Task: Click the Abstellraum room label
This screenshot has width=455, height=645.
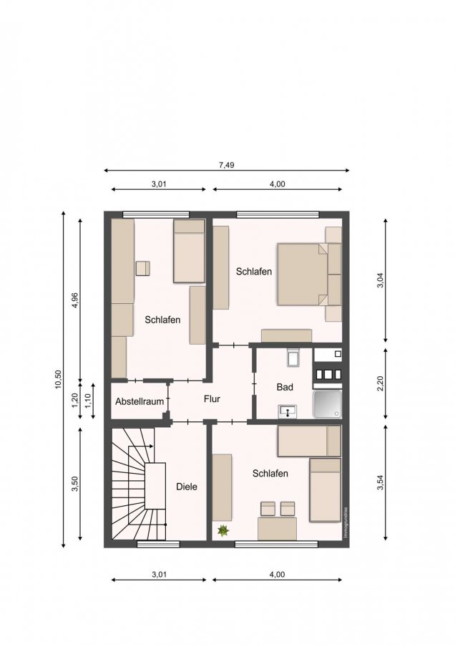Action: point(140,401)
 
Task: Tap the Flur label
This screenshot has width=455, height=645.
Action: point(212,398)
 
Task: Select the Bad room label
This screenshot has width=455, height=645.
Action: point(285,387)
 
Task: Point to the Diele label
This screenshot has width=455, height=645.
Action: point(187,487)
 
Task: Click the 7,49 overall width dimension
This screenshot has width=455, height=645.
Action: point(226,165)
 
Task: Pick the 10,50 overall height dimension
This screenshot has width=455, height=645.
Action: point(58,379)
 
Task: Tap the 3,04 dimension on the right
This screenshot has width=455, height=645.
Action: point(380,280)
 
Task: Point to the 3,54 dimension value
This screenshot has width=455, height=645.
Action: point(380,482)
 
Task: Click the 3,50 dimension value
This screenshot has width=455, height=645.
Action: point(74,484)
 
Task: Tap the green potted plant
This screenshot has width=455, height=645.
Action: point(222,530)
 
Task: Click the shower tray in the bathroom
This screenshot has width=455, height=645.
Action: point(327,404)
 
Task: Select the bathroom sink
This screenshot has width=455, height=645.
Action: point(288,411)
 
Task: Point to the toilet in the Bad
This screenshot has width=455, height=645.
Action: point(293,357)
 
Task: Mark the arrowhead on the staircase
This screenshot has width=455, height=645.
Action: point(151,446)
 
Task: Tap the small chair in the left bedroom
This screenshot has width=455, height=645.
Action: point(142,268)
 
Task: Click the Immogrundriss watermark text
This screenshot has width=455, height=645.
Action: point(346,522)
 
